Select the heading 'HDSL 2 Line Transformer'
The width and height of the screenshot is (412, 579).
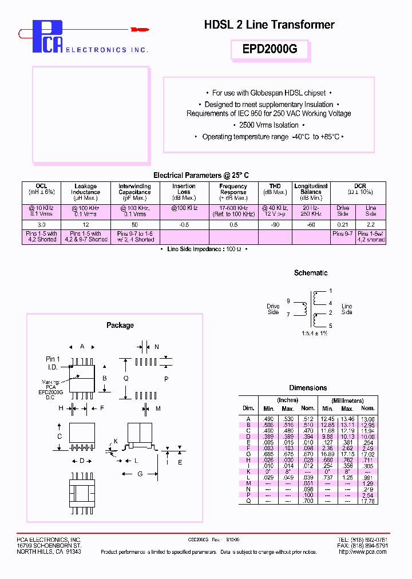click(269, 25)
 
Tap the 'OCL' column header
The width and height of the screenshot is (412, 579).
click(41, 186)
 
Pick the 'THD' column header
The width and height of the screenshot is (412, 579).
click(275, 186)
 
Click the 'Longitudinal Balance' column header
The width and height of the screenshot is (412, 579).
click(311, 189)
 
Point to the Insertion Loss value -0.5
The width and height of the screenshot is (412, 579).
click(184, 225)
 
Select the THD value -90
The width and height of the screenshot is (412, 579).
click(275, 225)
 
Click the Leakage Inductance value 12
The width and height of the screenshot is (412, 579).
click(85, 225)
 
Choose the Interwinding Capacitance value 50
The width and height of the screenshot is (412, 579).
click(134, 225)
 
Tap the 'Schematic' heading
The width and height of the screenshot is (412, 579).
click(311, 273)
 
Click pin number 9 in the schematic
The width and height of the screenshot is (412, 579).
click(288, 301)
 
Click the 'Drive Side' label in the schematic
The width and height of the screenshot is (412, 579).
click(273, 310)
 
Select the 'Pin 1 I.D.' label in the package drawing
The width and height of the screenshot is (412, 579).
click(53, 362)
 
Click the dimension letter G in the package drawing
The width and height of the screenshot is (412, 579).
click(140, 474)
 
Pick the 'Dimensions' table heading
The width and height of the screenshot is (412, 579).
click(308, 388)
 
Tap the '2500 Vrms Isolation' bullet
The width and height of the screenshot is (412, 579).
click(269, 125)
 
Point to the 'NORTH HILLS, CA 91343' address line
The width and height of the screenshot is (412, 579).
click(49, 552)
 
